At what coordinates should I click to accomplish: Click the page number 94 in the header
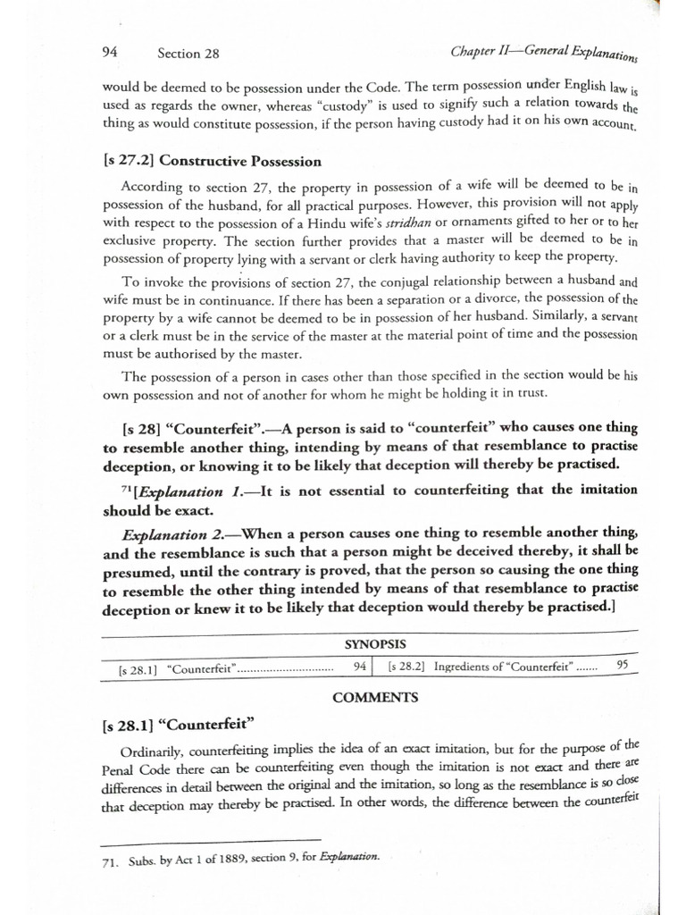(x=112, y=53)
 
